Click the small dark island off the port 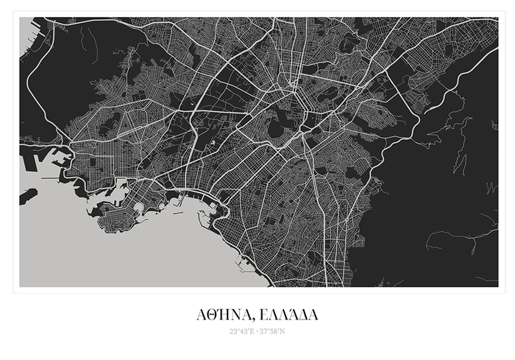27,196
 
